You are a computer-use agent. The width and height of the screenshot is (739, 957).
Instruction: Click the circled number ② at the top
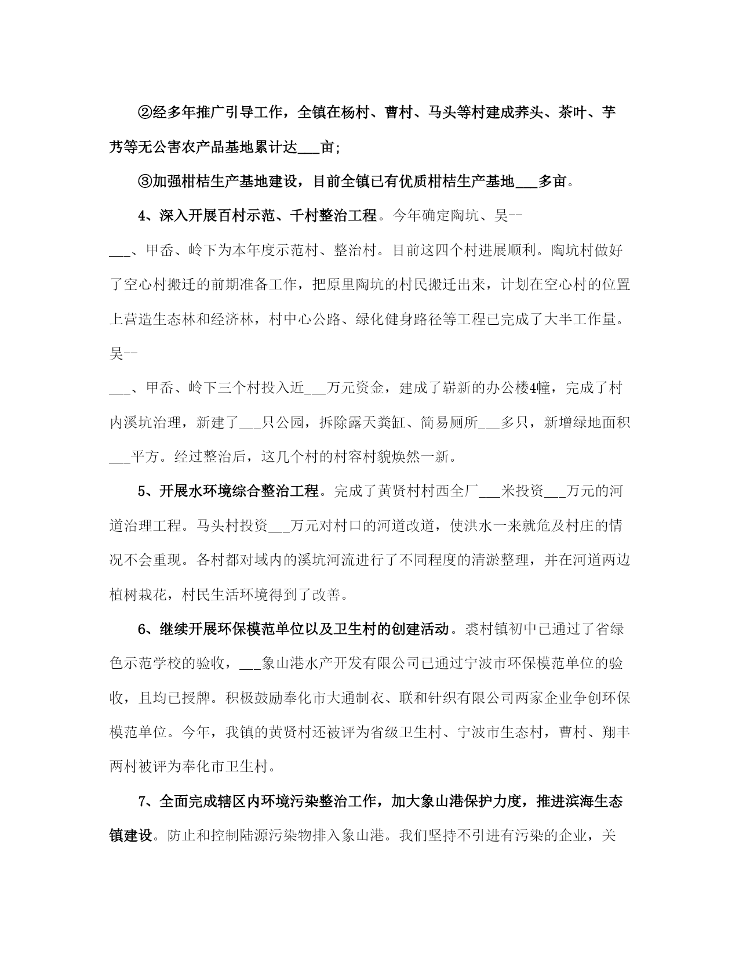145,113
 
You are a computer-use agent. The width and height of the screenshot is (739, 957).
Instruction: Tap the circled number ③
145,182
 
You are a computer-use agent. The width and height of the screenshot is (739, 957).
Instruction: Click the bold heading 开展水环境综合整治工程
239,491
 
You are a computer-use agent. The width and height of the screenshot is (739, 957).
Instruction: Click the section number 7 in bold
143,802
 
